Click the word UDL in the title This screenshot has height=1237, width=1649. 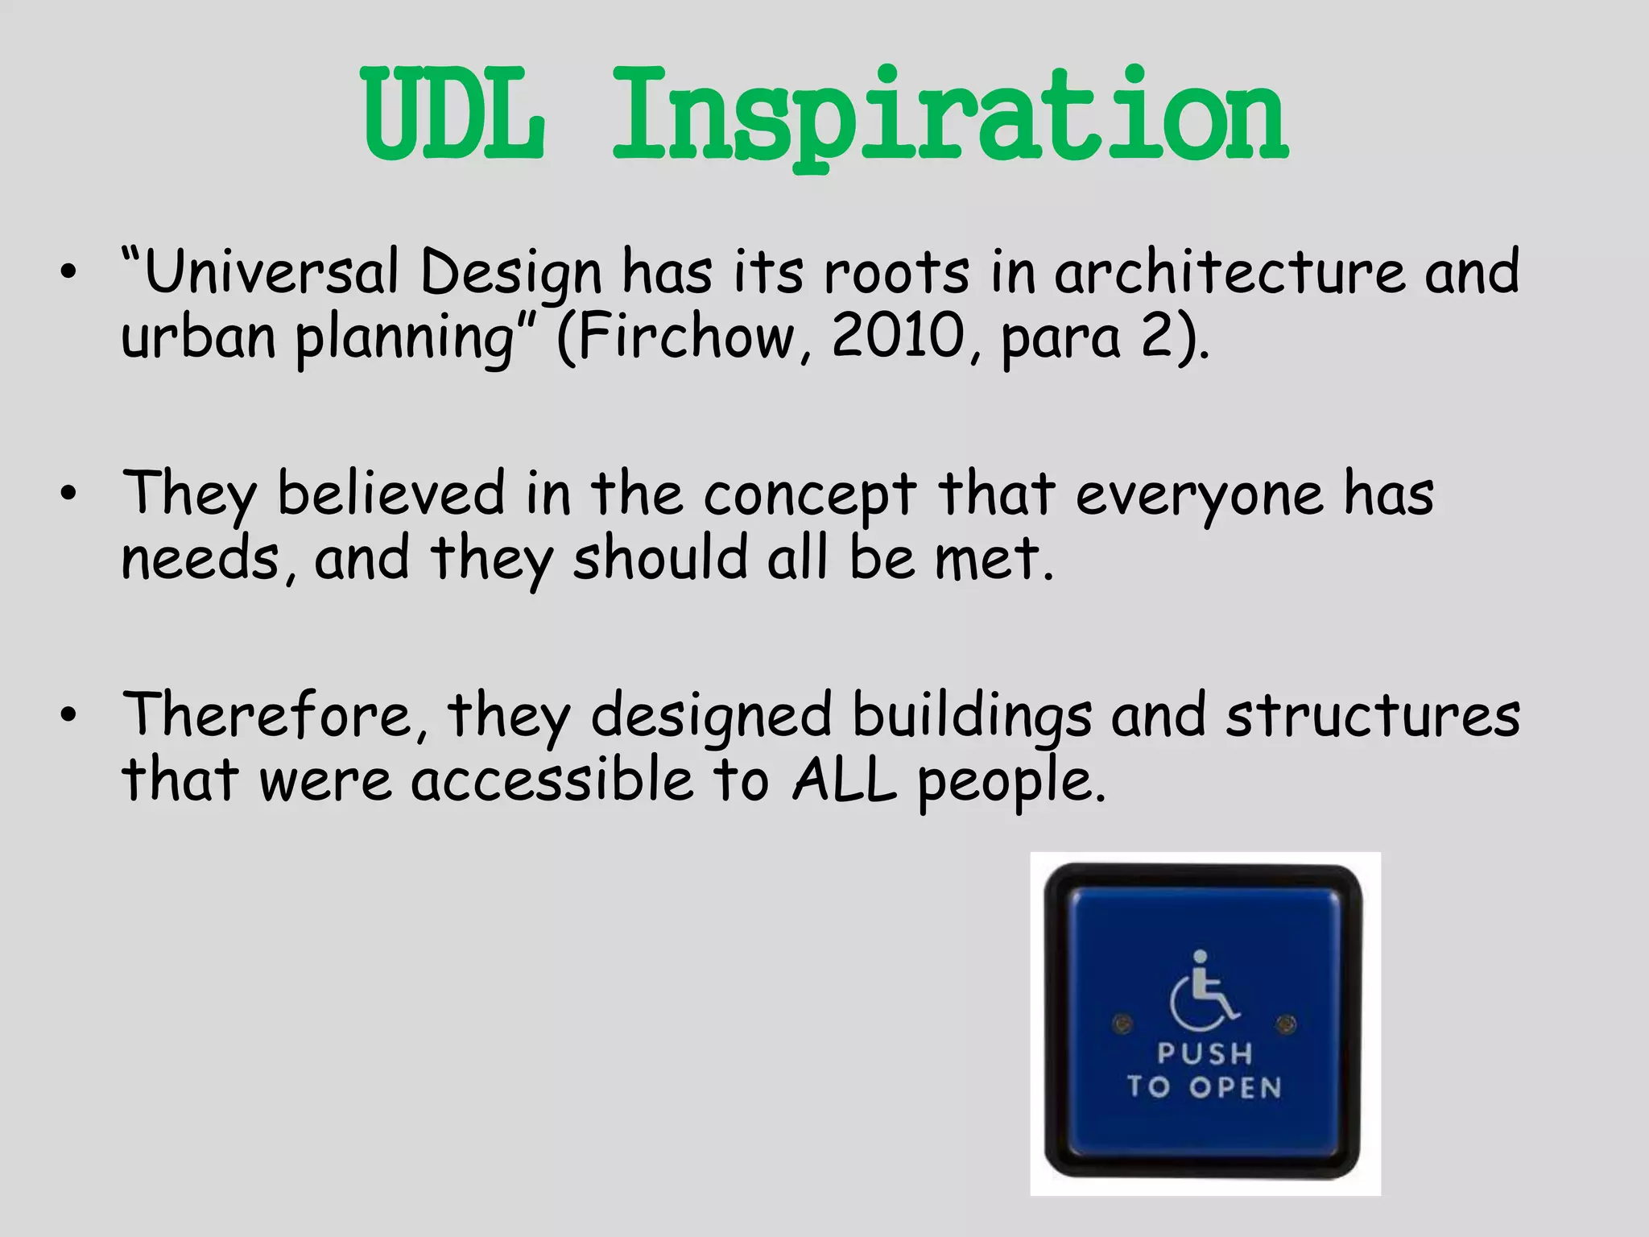[453, 114]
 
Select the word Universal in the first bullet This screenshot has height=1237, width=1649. [271, 272]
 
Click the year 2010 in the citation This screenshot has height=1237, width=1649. [897, 337]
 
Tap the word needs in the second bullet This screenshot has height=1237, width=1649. [200, 559]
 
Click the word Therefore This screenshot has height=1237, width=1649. [267, 715]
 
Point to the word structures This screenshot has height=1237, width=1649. [1373, 715]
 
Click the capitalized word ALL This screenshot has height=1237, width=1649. [844, 780]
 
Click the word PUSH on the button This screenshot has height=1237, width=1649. [1205, 1053]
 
